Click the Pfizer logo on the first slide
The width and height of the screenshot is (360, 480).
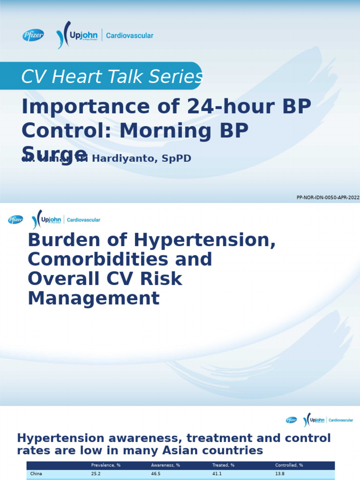click(33, 35)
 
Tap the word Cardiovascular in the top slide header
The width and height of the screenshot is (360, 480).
click(130, 36)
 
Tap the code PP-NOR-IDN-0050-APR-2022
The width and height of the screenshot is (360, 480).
click(328, 198)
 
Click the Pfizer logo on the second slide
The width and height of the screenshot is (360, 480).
click(15, 219)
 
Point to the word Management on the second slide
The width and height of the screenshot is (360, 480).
click(94, 298)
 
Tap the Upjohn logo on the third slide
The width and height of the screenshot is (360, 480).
click(315, 420)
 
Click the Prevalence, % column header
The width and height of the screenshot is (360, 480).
click(105, 465)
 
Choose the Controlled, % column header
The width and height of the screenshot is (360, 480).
click(289, 465)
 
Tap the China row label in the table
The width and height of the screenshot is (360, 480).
click(36, 474)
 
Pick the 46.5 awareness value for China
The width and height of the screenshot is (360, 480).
click(156, 474)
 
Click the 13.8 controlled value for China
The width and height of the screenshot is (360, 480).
click(280, 474)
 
